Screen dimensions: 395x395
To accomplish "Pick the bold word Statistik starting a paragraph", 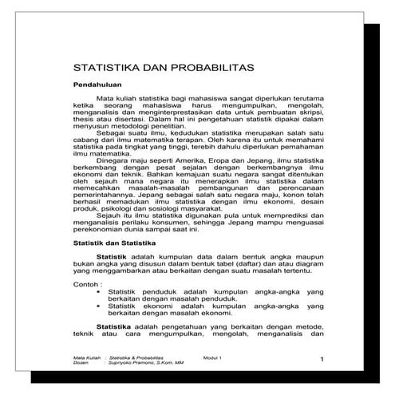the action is (x=112, y=255).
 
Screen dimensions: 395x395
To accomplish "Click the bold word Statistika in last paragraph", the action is (x=114, y=326).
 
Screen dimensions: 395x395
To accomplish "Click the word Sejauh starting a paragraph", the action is (x=108, y=214).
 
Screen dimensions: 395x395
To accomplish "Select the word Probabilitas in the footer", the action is (x=153, y=357).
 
